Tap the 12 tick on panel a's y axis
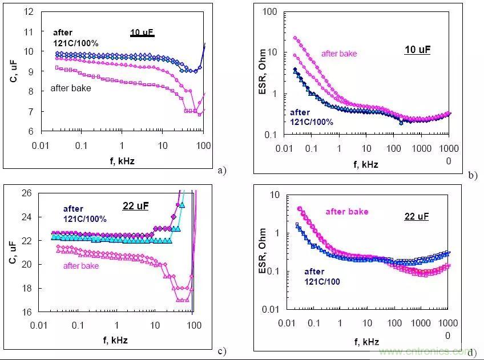(30, 11)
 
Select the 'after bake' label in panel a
(71, 88)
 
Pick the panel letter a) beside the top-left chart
(221, 169)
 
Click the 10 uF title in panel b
(417, 50)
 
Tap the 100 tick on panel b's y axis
(269, 12)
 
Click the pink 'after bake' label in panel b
(339, 54)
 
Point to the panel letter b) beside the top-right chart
(472, 176)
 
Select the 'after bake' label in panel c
(81, 266)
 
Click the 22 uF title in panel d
(416, 217)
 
